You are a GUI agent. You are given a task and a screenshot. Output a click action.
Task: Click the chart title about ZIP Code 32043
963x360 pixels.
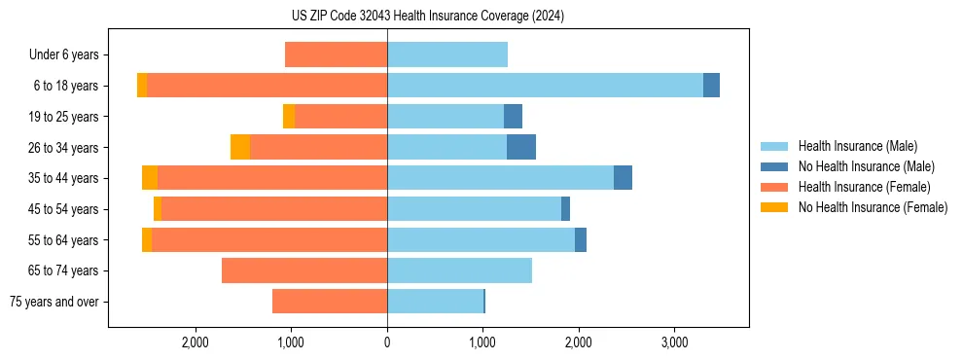pos(427,16)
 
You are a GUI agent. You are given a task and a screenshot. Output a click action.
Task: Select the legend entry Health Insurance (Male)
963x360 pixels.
pos(857,146)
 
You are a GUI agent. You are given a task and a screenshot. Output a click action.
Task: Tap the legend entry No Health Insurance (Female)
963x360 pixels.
pos(873,207)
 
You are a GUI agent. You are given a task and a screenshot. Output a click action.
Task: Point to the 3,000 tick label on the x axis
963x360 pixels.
pos(674,342)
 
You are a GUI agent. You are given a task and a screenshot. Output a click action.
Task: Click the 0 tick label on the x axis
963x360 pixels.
pos(387,342)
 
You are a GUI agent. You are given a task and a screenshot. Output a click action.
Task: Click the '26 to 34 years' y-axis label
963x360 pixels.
pos(66,148)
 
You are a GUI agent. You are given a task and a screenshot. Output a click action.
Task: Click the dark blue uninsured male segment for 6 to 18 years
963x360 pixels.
pos(711,86)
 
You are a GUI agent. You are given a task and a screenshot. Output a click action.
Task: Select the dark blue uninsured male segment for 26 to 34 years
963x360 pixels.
pos(521,147)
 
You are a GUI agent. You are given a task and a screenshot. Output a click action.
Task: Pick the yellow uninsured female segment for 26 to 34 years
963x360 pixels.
pos(240,147)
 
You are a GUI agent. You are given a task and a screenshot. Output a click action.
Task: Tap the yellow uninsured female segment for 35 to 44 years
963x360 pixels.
pos(150,178)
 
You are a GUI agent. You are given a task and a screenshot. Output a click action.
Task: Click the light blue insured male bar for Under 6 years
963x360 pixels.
pos(447,55)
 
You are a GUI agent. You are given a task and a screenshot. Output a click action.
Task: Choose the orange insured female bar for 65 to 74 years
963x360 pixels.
pos(304,270)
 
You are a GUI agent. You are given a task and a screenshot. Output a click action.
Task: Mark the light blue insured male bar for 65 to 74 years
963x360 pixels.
pos(459,270)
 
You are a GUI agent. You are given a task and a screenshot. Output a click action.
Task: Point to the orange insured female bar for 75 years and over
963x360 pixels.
pos(330,302)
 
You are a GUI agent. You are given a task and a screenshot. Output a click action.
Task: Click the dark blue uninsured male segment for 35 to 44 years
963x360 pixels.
pos(623,178)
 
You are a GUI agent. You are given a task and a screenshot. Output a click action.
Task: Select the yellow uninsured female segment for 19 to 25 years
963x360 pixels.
pos(289,117)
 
